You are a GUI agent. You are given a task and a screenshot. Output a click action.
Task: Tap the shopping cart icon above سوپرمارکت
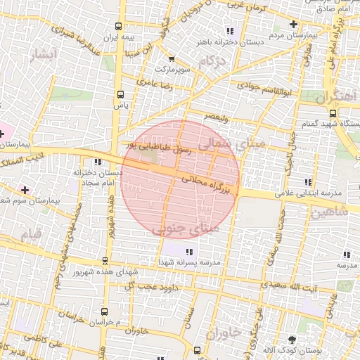pyautogui.click(x=171, y=60)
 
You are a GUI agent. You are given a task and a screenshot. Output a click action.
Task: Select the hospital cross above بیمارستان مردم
pyautogui.click(x=293, y=24)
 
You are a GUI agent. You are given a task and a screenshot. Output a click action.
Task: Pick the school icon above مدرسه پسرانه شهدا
pyautogui.click(x=188, y=251)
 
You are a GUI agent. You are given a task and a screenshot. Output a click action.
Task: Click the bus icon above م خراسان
pyautogui.click(x=105, y=311)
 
